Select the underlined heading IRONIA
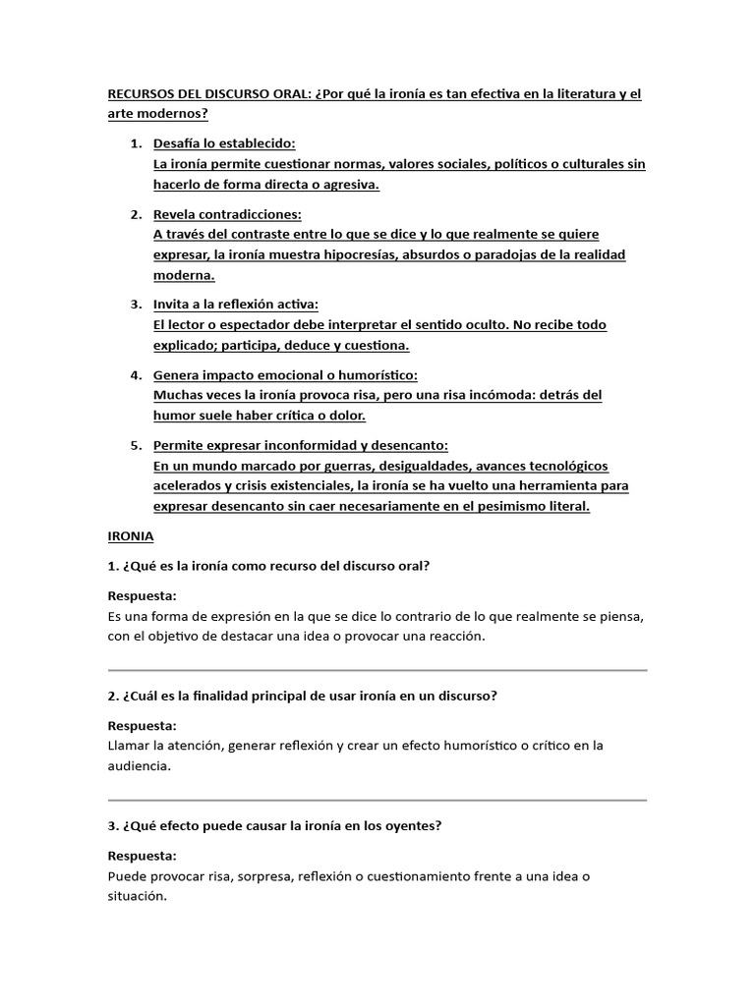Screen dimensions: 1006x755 pyautogui.click(x=130, y=536)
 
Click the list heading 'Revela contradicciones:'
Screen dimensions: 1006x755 pyautogui.click(x=227, y=214)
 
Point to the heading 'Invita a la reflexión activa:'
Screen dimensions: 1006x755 pyautogui.click(x=236, y=305)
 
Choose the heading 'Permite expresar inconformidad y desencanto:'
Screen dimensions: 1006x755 pyautogui.click(x=301, y=445)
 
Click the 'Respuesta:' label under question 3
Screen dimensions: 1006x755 pyautogui.click(x=142, y=856)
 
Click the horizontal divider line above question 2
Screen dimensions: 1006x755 pyautogui.click(x=377, y=670)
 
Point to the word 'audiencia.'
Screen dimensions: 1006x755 pyautogui.click(x=139, y=765)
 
